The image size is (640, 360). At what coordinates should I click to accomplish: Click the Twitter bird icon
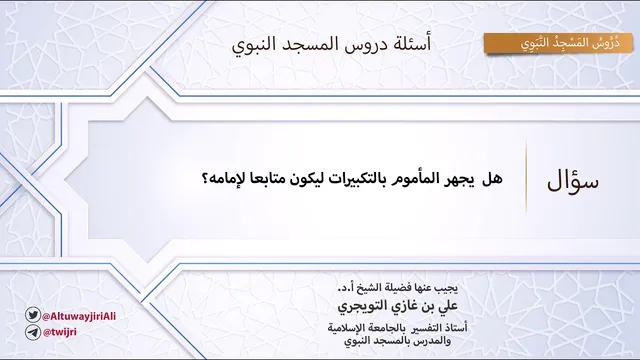pos(33,315)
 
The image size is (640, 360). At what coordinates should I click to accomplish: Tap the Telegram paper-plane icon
pos(33,332)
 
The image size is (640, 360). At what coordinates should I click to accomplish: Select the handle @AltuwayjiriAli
pos(79,316)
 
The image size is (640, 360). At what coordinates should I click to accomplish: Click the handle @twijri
pos(60,332)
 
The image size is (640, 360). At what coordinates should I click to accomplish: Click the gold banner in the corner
pos(558,43)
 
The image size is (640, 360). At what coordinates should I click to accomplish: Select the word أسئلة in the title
pos(413,44)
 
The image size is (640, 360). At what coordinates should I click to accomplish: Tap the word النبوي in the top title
pos(249,44)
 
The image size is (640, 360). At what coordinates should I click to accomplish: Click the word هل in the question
pos(492,179)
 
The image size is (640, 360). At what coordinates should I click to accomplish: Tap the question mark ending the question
pos(205,179)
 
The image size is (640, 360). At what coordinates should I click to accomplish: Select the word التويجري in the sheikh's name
pos(358,306)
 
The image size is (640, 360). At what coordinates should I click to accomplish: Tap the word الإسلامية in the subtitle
pos(346,327)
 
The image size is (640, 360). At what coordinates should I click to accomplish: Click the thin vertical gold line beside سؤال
pos(526,177)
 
